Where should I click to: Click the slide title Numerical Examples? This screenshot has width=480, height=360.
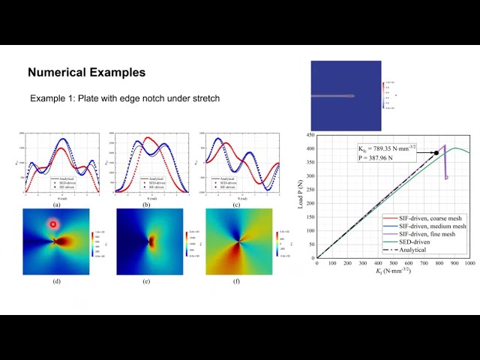[86, 73]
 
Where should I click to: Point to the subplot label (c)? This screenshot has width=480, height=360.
[236, 204]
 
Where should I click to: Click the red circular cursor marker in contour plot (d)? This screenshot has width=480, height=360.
[53, 224]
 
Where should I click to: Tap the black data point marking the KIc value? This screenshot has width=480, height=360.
[436, 153]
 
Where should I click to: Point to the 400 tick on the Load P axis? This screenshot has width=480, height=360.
[310, 148]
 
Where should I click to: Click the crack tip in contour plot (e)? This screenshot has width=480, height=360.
[151, 241]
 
